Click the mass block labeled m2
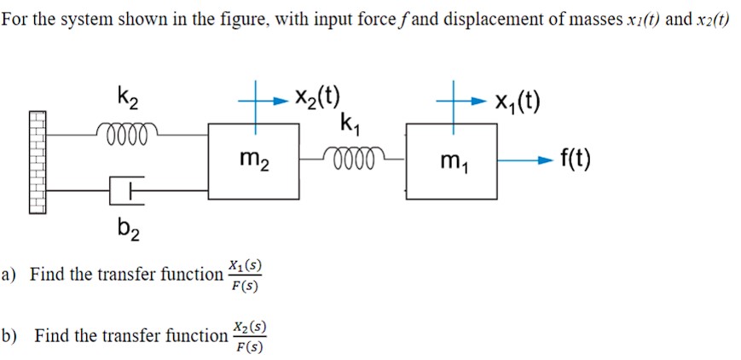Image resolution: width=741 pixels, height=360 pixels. tap(253, 160)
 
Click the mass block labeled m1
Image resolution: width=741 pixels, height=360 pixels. tap(451, 160)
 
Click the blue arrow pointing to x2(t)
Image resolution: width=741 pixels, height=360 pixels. tap(275, 99)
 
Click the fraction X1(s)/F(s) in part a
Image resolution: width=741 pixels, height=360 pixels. tap(246, 275)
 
